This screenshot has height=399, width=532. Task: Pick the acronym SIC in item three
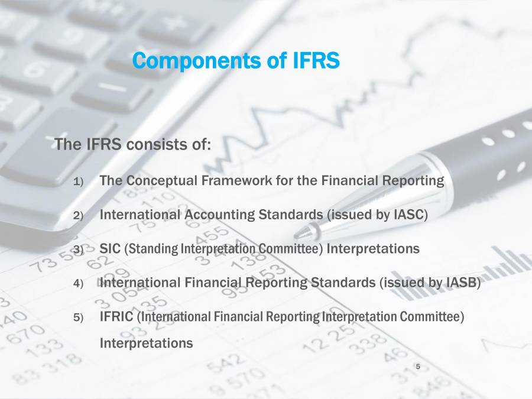tap(110, 248)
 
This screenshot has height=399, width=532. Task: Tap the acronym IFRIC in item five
tap(116, 317)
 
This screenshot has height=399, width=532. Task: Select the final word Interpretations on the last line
tap(146, 343)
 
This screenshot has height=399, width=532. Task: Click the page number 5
tap(418, 368)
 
